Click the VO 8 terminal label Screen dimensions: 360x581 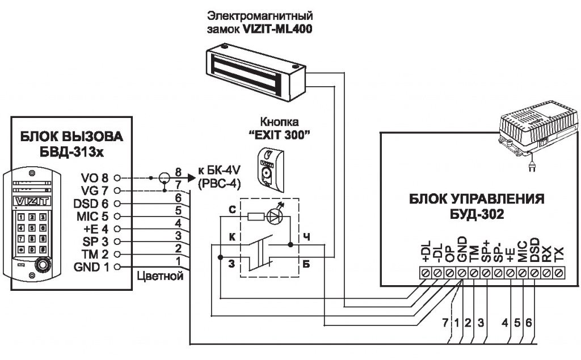coord(94,177)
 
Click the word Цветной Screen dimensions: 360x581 coord(160,277)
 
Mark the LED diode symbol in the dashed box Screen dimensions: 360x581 coord(276,216)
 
